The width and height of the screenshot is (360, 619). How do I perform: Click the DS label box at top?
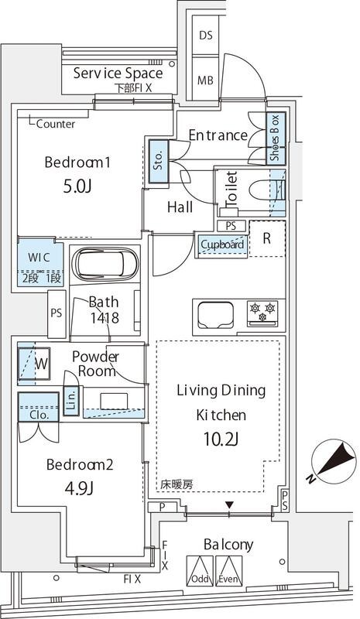point(205,35)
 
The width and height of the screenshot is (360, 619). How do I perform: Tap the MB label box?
point(205,80)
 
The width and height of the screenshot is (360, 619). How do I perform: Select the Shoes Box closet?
point(274,139)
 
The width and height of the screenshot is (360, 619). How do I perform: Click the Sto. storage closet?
point(158,161)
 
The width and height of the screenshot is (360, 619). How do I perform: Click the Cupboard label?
point(222,245)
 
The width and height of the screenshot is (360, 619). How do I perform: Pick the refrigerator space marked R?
point(266,239)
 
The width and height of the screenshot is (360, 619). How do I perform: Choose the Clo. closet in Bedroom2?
point(38,409)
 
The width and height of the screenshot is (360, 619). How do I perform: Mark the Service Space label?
point(118,74)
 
